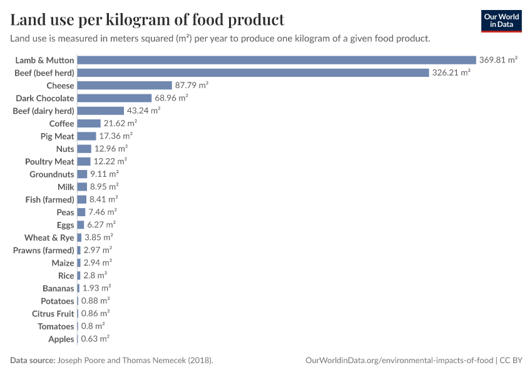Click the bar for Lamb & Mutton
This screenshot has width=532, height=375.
click(277, 60)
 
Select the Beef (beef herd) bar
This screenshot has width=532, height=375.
click(253, 72)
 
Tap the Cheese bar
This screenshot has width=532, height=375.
click(124, 86)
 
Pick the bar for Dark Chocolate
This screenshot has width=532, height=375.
click(114, 98)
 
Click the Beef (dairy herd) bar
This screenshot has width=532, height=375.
click(100, 111)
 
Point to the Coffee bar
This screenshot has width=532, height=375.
click(89, 123)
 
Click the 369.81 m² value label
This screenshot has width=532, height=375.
click(498, 60)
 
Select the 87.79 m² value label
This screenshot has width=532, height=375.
click(192, 86)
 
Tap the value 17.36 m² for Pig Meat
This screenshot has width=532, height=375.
click(116, 136)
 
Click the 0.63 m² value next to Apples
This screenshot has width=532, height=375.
click(95, 339)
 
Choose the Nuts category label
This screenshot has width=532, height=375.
click(65, 149)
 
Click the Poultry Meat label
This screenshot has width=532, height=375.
click(49, 161)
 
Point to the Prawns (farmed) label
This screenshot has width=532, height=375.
click(44, 250)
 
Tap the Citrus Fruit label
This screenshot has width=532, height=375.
click(53, 314)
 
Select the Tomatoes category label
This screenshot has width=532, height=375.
click(56, 326)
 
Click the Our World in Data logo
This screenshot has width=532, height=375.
click(501, 21)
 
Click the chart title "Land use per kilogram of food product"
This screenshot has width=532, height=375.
click(147, 20)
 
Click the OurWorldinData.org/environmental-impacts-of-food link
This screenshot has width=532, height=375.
click(399, 361)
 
